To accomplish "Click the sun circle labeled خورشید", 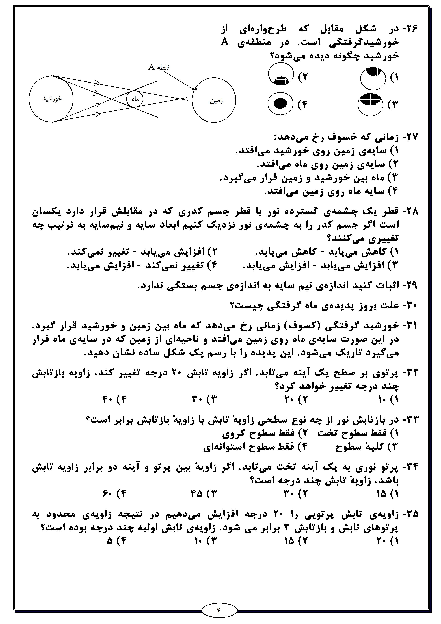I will click(51, 99).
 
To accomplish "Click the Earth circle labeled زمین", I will click(214, 101).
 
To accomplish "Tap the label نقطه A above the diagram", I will click(159, 67).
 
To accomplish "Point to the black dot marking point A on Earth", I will click(196, 89).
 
